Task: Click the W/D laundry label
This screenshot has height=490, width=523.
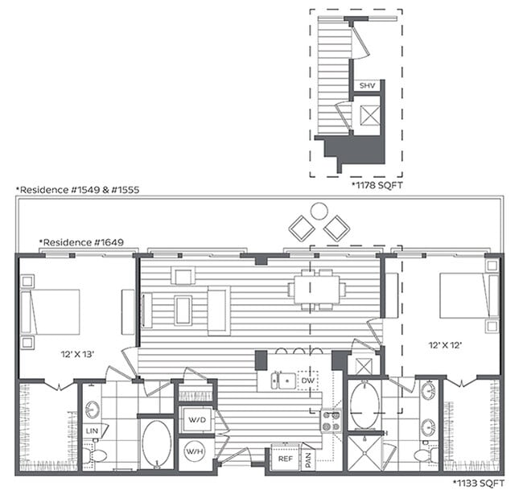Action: coord(195,419)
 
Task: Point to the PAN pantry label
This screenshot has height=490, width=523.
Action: coord(308,459)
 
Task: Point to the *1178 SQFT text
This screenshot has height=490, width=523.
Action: coord(378,184)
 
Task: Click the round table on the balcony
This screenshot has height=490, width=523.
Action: coord(319,211)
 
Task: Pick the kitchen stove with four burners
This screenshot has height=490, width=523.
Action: coord(331,419)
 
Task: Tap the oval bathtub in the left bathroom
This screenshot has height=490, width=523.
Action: coord(156,443)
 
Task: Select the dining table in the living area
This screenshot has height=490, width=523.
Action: coord(319,289)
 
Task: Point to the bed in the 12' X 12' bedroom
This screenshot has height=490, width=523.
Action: coord(463,295)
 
